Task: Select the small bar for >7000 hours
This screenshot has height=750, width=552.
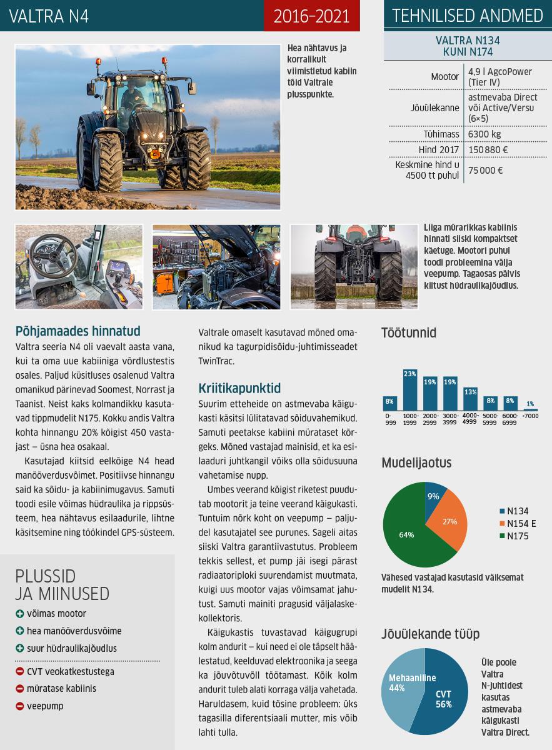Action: point(530,409)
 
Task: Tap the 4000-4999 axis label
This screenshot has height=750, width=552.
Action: point(469,419)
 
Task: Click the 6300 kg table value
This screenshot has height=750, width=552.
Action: point(484,134)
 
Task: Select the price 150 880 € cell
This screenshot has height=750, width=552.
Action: point(488,150)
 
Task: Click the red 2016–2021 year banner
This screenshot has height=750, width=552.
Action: point(311,16)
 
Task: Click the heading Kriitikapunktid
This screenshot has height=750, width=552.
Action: point(239,387)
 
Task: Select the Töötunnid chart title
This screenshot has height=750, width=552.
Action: point(409,332)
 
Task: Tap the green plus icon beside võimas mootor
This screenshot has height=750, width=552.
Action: point(20,614)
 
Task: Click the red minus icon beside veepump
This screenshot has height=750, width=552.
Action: point(20,706)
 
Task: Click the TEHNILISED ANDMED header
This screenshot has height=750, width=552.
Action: point(468,16)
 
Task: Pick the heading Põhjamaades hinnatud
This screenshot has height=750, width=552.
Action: point(78,331)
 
